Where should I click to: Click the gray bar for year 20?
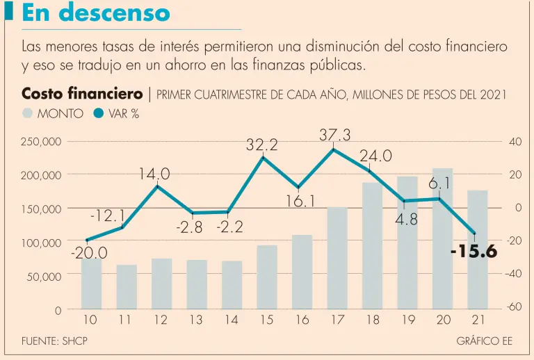pos(442,238)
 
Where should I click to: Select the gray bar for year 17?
pos(337,258)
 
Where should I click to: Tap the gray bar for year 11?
pos(126,286)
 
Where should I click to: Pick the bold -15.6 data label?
pos(474,251)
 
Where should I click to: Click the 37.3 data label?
pos(334,135)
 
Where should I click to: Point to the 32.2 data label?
pos(262,145)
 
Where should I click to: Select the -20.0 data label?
pos(89,254)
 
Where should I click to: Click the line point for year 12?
pos(158,186)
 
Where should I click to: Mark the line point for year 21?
pos(475,234)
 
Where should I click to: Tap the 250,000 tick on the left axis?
pos(42,142)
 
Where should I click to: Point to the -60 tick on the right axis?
pos(514,307)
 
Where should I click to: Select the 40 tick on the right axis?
pos(515,141)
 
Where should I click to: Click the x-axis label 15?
pos(266,320)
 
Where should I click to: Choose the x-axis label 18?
pos(372,320)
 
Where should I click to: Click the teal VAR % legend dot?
pos(98,113)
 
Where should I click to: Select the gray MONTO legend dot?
pos(27,113)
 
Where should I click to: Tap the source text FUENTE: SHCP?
pos(54,341)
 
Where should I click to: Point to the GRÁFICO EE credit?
pos(484,341)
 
